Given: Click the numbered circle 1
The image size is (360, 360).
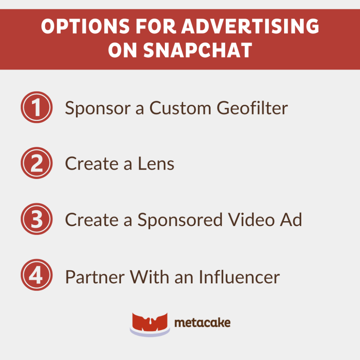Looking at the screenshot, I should [x=37, y=108].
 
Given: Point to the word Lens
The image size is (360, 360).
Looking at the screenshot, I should [x=156, y=164].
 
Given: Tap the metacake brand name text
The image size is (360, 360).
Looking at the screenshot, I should [x=202, y=323].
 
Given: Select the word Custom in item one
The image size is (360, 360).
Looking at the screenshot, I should [x=180, y=108].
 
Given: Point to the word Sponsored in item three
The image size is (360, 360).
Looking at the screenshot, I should [x=180, y=220].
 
